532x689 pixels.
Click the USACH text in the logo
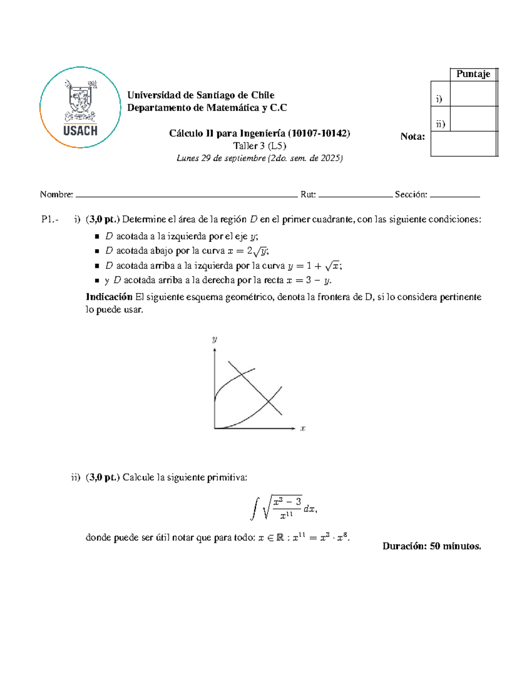point(80,130)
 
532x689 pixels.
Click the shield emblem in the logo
point(80,100)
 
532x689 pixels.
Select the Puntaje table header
point(473,74)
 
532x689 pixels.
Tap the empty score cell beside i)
point(473,94)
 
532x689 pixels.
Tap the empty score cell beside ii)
point(473,119)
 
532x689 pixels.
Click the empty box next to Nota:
point(463,144)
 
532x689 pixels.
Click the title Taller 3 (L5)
point(259,146)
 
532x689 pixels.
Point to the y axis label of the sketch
point(215,339)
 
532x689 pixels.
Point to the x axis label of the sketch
point(303,429)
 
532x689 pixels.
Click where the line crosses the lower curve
point(268,402)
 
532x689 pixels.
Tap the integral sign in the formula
point(254,508)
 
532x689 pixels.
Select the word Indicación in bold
point(109,297)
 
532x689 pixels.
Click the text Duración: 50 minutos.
point(431,546)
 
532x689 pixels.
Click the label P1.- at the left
point(50,219)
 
